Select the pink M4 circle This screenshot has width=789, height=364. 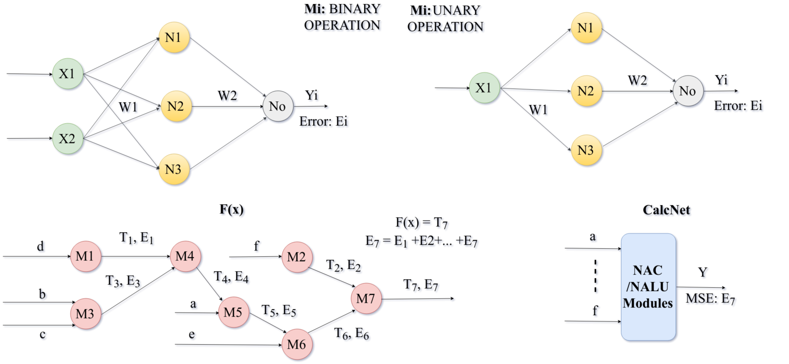pyautogui.click(x=185, y=256)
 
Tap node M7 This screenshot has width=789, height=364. pyautogui.click(x=366, y=298)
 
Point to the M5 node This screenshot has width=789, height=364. pyautogui.click(x=233, y=312)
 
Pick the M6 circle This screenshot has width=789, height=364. pyautogui.click(x=297, y=344)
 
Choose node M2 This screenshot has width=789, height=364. pyautogui.click(x=297, y=257)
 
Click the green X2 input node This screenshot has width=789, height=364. pyautogui.click(x=68, y=138)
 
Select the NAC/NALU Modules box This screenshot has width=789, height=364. pyautogui.click(x=648, y=287)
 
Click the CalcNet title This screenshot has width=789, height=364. pyautogui.click(x=667, y=210)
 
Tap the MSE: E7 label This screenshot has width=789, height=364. pyautogui.click(x=711, y=299)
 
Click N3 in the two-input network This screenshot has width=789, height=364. pyautogui.click(x=174, y=169)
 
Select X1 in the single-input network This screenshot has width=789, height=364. pyautogui.click(x=484, y=88)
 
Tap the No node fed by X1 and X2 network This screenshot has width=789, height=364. pyautogui.click(x=278, y=106)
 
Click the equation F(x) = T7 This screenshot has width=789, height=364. pyautogui.click(x=422, y=223)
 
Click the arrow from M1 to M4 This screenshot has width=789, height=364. pyautogui.click(x=136, y=257)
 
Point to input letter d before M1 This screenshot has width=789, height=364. pyautogui.click(x=42, y=247)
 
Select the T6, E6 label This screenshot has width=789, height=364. pyautogui.click(x=352, y=334)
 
